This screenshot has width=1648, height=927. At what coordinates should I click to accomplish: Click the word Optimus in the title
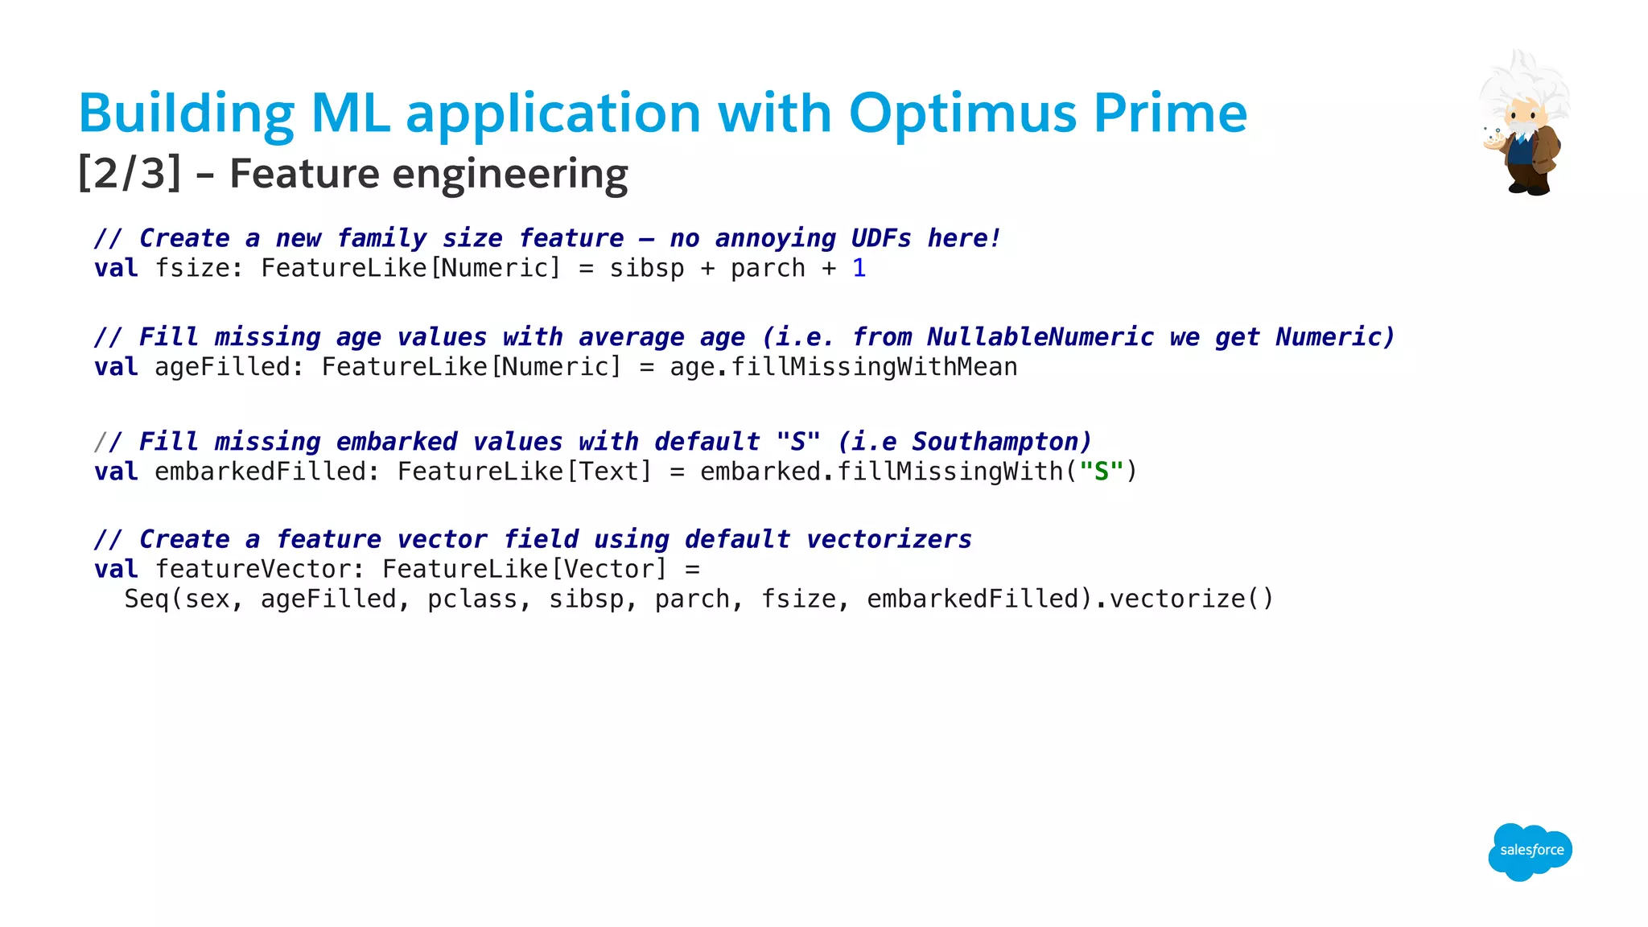pyautogui.click(x=962, y=113)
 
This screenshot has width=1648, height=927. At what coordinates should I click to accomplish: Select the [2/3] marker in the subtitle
pyautogui.click(x=130, y=174)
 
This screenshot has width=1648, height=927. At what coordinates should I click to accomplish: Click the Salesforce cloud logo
pyautogui.click(x=1530, y=851)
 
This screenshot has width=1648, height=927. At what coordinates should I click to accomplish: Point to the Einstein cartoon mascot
pyautogui.click(x=1523, y=125)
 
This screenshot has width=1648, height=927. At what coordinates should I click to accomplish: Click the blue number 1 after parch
pyautogui.click(x=859, y=268)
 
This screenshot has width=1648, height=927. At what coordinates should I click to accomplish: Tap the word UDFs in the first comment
pyautogui.click(x=881, y=238)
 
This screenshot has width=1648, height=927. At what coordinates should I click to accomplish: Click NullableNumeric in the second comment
pyautogui.click(x=1040, y=337)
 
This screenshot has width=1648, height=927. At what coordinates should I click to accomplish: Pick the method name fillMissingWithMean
pyautogui.click(x=874, y=367)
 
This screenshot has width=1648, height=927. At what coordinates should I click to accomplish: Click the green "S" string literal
pyautogui.click(x=1101, y=472)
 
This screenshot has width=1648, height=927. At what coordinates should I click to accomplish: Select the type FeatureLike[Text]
pyautogui.click(x=524, y=472)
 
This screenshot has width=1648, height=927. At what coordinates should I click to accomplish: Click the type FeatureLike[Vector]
pyautogui.click(x=525, y=570)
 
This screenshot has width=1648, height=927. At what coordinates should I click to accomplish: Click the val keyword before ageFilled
pyautogui.click(x=116, y=367)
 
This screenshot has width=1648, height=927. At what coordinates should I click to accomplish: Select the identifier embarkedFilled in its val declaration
pyautogui.click(x=261, y=472)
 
